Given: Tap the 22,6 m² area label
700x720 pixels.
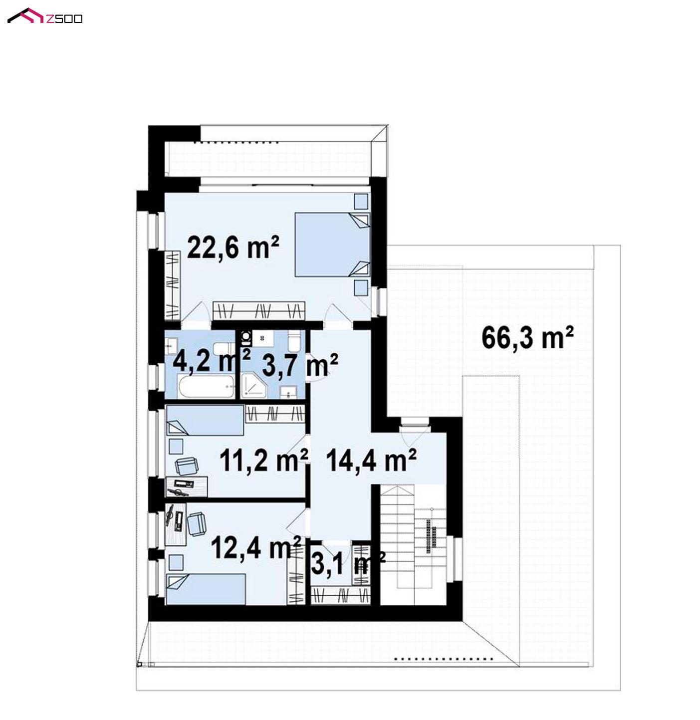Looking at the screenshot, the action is coord(233,247).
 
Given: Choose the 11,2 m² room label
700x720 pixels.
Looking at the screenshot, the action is coord(264,460).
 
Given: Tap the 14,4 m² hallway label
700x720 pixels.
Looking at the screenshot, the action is coord(372,460).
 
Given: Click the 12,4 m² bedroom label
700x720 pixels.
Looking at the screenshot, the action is coord(255,547).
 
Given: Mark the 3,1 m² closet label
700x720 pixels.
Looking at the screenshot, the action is coord(348,563).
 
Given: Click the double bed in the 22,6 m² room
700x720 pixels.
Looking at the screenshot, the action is coord(332,244).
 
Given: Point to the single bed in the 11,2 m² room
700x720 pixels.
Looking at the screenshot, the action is coord(205,420).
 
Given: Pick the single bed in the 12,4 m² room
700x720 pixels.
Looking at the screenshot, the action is coord(206,589).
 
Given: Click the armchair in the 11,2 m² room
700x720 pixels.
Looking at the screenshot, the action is coord(186,466).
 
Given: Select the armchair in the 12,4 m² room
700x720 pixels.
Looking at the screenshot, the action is coord(197,523).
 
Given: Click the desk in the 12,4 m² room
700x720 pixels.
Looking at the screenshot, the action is coord(175,524).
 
